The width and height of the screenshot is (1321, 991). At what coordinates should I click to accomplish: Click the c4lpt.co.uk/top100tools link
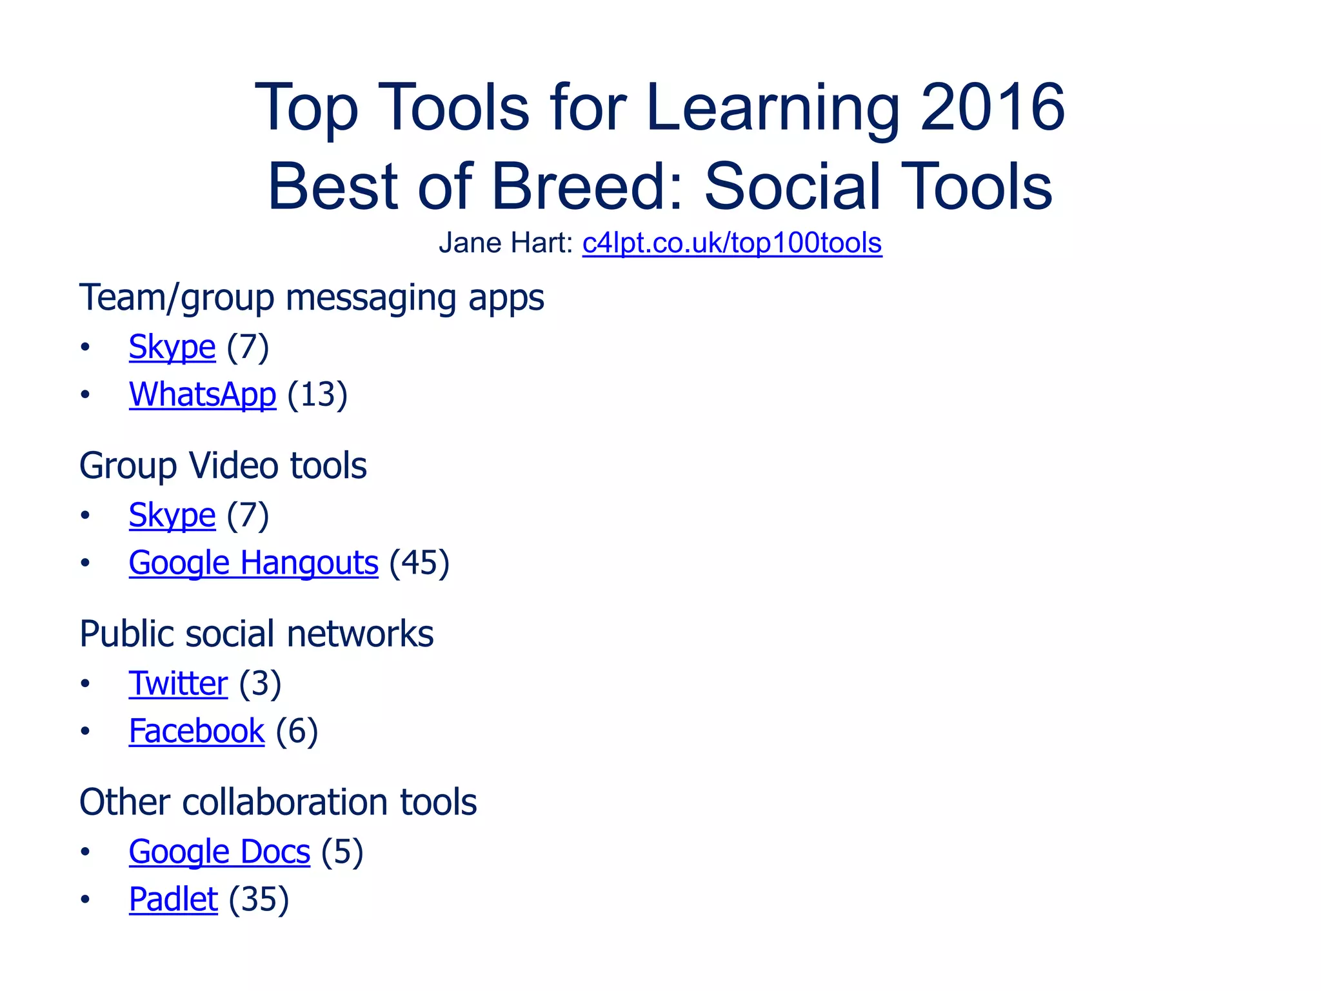(731, 243)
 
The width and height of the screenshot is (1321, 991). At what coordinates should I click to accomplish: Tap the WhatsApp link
(202, 394)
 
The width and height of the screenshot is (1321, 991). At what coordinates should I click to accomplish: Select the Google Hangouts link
(253, 563)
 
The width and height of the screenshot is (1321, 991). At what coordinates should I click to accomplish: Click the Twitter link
(178, 683)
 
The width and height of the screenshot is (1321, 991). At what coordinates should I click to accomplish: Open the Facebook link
(197, 731)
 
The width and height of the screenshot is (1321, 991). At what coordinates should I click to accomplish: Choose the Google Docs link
(219, 852)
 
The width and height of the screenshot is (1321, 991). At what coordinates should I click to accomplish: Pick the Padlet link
(173, 899)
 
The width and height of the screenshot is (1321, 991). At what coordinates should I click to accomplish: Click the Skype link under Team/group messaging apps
(172, 347)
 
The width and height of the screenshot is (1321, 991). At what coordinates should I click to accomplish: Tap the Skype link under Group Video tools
(172, 516)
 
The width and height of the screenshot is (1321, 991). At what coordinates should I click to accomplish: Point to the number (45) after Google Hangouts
(419, 563)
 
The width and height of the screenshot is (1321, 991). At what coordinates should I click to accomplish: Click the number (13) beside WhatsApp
(317, 394)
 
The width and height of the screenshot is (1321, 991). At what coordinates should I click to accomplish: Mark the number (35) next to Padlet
(259, 899)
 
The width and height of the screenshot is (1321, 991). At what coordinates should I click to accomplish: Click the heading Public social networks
(256, 634)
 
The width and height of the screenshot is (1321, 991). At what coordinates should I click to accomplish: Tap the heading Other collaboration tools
(277, 802)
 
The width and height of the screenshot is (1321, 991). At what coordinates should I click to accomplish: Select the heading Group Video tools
(223, 465)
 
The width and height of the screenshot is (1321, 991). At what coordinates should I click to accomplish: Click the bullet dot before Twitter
(85, 683)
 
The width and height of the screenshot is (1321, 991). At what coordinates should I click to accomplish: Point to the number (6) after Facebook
(297, 731)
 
